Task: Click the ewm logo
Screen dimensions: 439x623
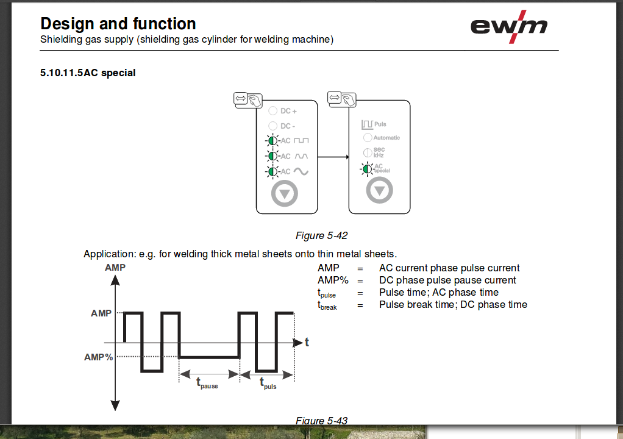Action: [x=508, y=27]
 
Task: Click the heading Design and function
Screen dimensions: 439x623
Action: [x=118, y=24]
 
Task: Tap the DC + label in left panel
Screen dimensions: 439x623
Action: [x=288, y=112]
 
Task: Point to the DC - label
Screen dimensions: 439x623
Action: [x=288, y=126]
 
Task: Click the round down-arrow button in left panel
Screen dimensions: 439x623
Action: [x=285, y=194]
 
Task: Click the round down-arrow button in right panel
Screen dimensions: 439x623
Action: [x=379, y=191]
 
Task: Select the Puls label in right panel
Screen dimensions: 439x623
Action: [x=380, y=124]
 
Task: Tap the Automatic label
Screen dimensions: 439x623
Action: [x=386, y=138]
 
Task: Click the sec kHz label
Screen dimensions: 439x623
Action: [x=379, y=152]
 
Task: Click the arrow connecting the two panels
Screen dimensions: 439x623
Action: [x=333, y=157]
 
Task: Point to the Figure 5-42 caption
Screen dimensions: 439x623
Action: [x=321, y=235]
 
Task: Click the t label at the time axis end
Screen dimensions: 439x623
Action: [x=307, y=343]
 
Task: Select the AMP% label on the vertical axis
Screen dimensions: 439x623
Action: [x=99, y=357]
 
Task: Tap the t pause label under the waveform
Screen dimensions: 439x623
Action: [x=207, y=383]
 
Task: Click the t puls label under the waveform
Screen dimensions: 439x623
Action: [x=268, y=383]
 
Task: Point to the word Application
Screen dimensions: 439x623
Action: [x=107, y=254]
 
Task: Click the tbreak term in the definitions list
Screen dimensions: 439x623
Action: [x=327, y=305]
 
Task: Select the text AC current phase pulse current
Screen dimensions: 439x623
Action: [x=449, y=268]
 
